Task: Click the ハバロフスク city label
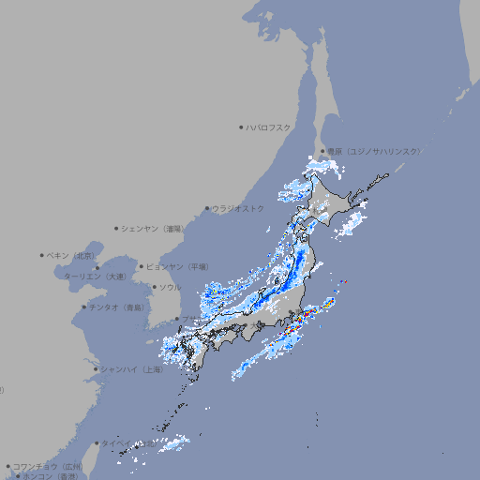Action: [x=269, y=127]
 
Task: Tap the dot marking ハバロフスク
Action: [x=241, y=127]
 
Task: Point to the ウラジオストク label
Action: [x=238, y=208]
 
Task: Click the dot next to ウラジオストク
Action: [x=207, y=208]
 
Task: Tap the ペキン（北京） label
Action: [x=71, y=255]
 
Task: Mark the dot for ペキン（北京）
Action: [x=42, y=255]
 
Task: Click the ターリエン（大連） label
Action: [x=95, y=277]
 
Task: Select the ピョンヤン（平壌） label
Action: [x=176, y=266]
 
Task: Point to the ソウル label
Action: [x=169, y=287]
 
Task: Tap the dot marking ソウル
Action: [x=153, y=287]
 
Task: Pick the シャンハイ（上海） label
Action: [x=132, y=369]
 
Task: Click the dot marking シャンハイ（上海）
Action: [x=96, y=369]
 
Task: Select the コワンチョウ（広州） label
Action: [x=48, y=466]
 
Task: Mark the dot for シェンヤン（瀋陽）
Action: [x=116, y=228]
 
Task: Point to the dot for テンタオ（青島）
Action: [x=83, y=307]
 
